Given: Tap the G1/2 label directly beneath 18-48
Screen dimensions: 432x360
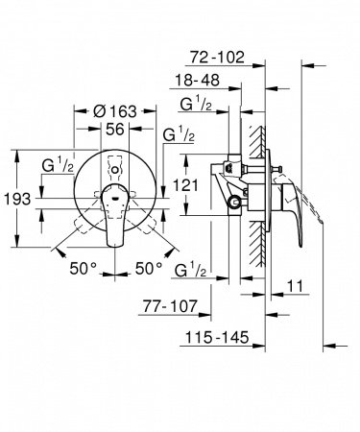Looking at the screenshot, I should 204,105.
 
